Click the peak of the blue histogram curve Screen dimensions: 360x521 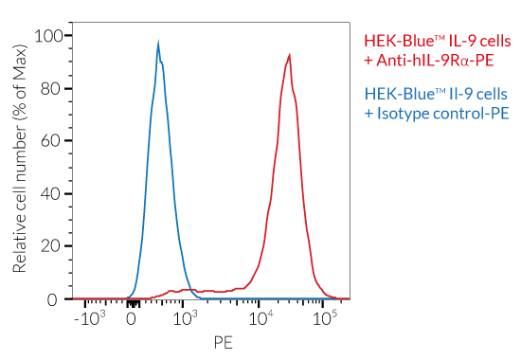pyautogui.click(x=158, y=42)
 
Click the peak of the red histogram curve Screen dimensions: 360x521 pyautogui.click(x=290, y=54)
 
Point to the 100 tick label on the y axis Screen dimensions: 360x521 pyautogui.click(x=46, y=36)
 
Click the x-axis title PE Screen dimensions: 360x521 pyautogui.click(x=223, y=341)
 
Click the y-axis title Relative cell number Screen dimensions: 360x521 pyautogui.click(x=20, y=161)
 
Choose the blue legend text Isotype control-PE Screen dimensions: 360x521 pyautogui.click(x=437, y=114)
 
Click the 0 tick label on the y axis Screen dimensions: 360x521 pyautogui.click(x=55, y=299)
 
